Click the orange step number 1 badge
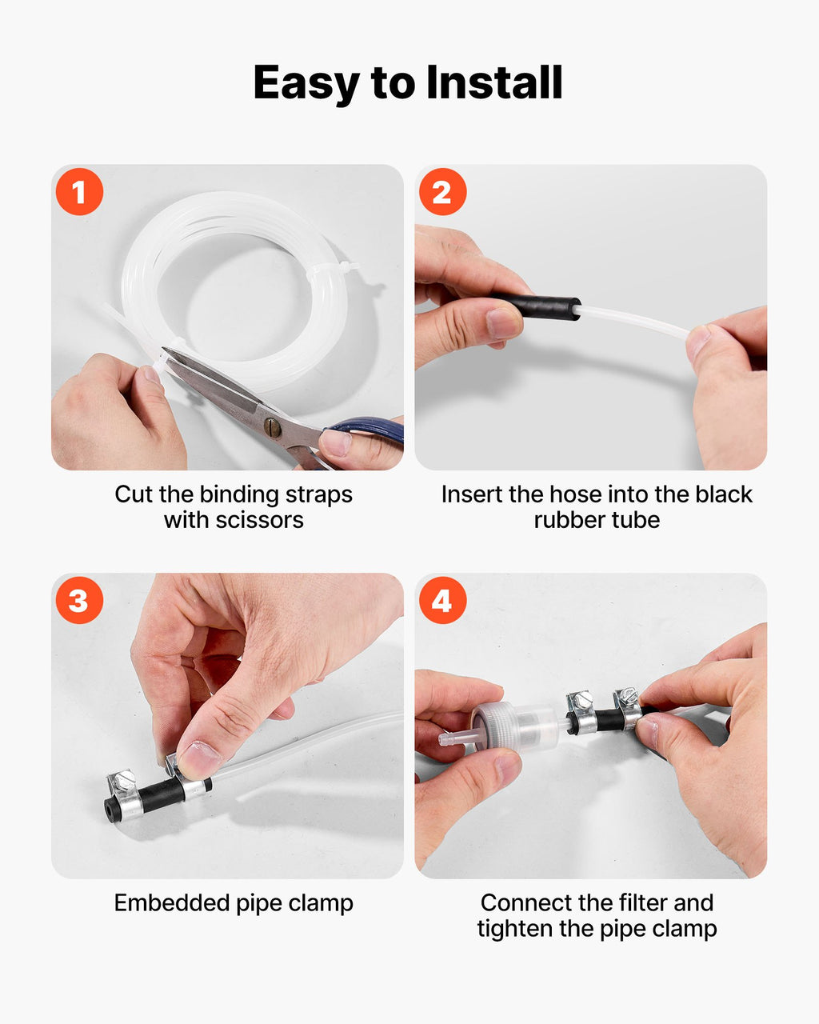(79, 191)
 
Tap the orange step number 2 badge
(442, 191)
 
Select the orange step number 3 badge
(79, 600)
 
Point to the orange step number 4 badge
(442, 600)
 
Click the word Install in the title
(494, 82)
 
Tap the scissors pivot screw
(273, 427)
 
